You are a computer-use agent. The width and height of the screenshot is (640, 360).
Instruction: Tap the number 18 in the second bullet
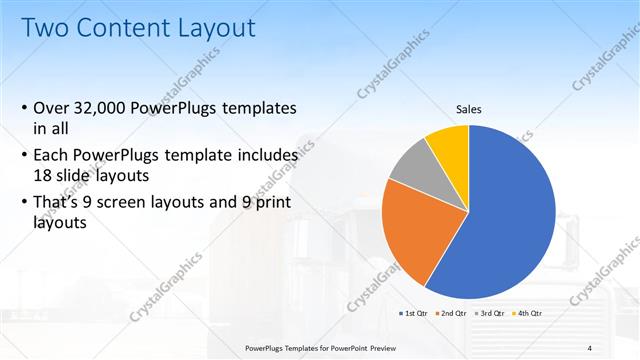pyautogui.click(x=44, y=174)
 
